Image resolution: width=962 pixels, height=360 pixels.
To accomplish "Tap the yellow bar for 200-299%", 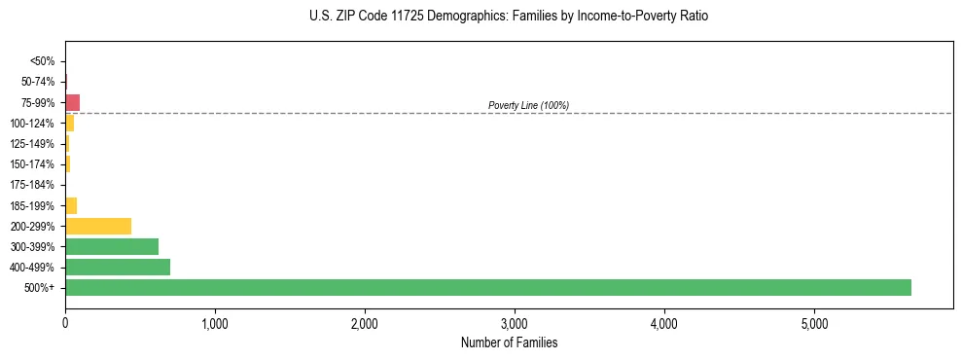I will [98, 226].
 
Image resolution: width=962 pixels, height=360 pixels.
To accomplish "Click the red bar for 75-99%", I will [73, 102].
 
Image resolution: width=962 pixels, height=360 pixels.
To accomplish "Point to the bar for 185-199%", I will [71, 205].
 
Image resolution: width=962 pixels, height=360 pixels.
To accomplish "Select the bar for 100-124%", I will [70, 123].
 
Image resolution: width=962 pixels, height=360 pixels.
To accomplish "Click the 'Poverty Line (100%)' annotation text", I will [528, 105].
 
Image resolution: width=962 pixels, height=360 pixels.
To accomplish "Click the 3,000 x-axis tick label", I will [515, 322].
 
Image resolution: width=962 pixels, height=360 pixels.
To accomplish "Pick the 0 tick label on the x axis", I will [65, 322].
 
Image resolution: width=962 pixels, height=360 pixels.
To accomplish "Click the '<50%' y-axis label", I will [42, 61].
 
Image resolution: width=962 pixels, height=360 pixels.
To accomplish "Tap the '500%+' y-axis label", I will [39, 288].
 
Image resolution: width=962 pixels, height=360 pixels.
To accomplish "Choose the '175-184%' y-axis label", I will [32, 185].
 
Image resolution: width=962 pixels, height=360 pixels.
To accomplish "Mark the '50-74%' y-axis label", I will [38, 82].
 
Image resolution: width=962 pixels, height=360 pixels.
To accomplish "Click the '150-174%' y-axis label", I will [32, 164].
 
